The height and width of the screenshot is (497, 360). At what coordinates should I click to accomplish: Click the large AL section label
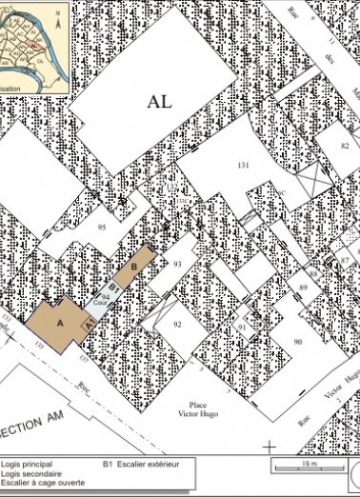[x=160, y=102]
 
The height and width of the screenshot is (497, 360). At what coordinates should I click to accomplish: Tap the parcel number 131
[x=243, y=166]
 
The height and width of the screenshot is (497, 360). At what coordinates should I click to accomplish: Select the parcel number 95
[x=102, y=228]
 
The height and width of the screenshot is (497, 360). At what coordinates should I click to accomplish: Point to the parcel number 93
[x=177, y=264]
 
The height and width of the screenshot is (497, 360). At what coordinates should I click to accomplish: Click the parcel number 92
[x=177, y=325]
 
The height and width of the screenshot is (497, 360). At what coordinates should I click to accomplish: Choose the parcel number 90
[x=297, y=342]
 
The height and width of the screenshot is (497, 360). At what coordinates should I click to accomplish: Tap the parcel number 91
[x=242, y=327]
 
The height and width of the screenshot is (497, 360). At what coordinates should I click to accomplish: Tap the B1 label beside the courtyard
[x=112, y=287]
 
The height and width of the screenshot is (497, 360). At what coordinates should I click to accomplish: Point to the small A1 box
[x=89, y=325]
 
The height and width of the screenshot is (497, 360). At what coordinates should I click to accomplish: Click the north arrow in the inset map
[x=59, y=14]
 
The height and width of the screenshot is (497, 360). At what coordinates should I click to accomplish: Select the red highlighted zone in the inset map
[x=35, y=44]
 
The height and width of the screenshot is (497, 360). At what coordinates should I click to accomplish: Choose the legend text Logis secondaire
[x=32, y=473]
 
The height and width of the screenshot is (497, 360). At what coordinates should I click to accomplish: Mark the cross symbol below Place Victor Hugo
[x=270, y=445]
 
